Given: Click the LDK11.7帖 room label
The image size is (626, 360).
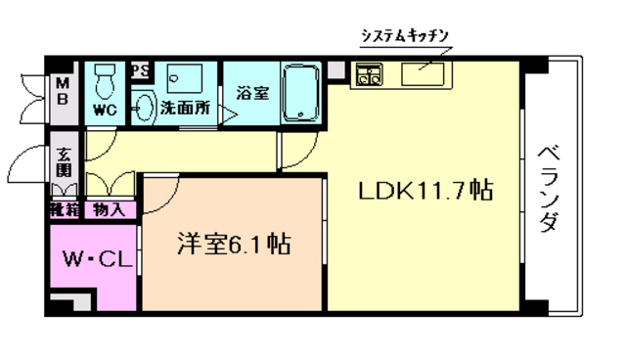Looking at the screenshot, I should pos(424,190).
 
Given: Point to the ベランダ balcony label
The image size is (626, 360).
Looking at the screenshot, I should pos(549,186).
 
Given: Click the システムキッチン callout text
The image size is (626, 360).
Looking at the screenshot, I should pos(404,35).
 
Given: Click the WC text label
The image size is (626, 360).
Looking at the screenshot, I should pos(105,111).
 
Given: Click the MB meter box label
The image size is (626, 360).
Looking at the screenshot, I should pos(61,91).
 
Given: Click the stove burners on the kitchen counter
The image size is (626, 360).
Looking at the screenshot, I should pos(370,74).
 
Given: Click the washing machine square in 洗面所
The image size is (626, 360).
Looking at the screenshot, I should pos(184,78).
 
